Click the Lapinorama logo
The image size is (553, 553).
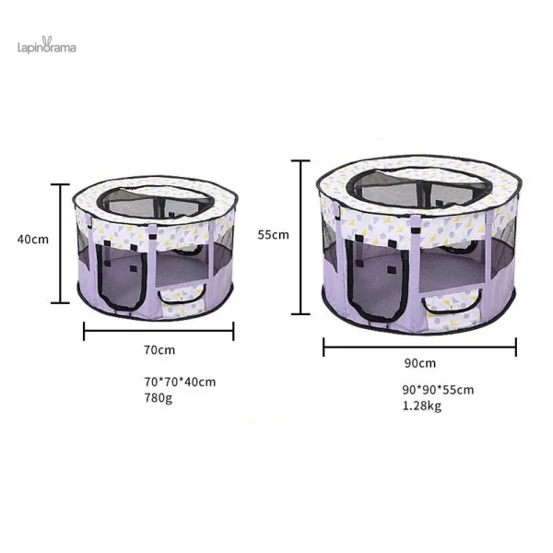tap(47, 45)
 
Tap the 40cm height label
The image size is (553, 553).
tap(33, 240)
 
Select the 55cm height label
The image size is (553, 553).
tap(274, 235)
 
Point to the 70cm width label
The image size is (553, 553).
tap(159, 350)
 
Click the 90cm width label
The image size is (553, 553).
tap(420, 363)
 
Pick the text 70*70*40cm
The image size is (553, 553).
tap(180, 382)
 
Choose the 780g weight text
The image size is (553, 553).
tap(159, 398)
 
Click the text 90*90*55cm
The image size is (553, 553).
tap(439, 390)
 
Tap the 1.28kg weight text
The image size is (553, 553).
tap(422, 406)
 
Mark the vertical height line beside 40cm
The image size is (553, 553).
tap(60, 243)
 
